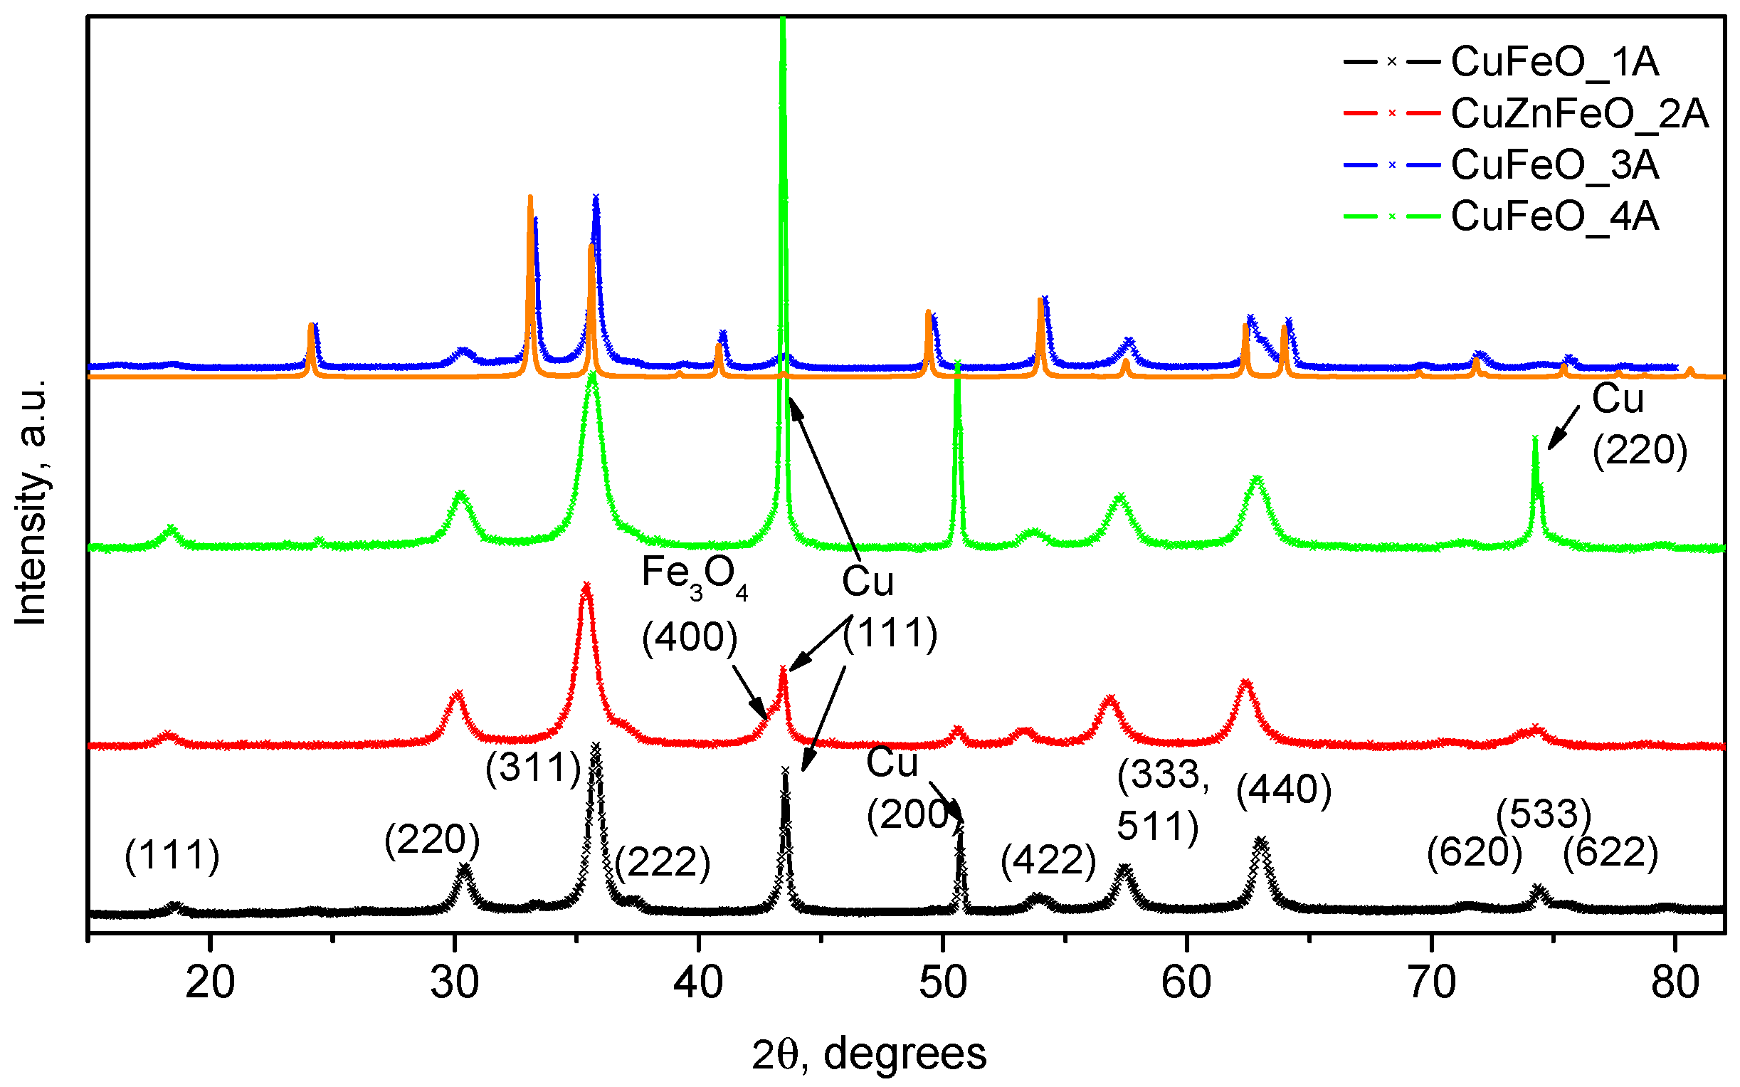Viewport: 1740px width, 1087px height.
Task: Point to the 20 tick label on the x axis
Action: point(210,982)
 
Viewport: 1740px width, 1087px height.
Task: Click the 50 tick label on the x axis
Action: point(943,982)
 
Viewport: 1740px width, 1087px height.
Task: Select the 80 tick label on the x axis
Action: point(1675,982)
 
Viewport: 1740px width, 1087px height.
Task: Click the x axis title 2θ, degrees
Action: point(869,1055)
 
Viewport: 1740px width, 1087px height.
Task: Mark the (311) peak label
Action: point(532,767)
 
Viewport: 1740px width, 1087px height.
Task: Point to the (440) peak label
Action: point(1284,789)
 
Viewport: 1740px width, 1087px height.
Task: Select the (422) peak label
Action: point(1048,860)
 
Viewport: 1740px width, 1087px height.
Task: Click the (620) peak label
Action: point(1474,853)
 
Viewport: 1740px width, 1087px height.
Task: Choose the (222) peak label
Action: point(662,861)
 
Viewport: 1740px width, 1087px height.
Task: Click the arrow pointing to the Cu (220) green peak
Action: point(1564,427)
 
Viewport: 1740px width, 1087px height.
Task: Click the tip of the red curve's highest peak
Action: point(586,585)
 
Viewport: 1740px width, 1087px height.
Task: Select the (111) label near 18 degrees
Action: point(172,856)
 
